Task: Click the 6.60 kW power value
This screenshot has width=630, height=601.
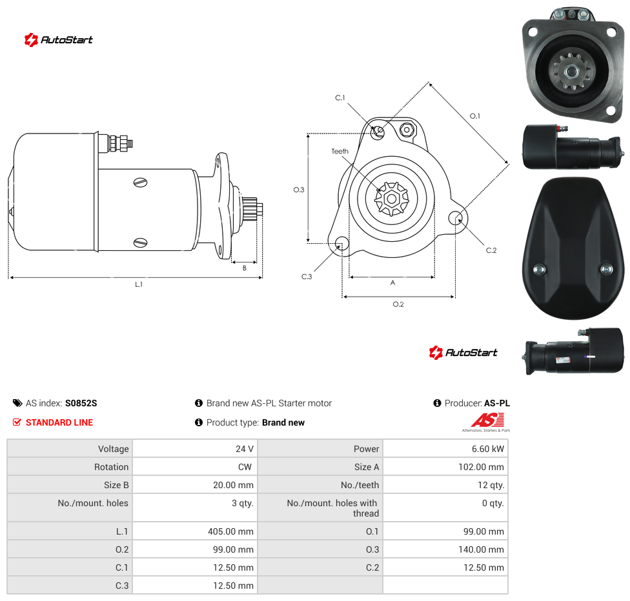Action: [487, 449]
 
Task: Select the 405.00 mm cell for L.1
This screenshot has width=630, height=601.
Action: [230, 531]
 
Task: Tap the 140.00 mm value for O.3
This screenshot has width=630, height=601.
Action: [481, 549]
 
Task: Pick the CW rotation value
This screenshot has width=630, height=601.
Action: [245, 467]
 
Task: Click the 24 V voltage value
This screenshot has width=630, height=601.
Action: [244, 449]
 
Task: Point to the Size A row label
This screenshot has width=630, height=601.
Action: [367, 467]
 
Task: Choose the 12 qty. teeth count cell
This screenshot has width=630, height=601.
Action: [491, 485]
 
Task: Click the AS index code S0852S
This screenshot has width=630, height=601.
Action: [81, 403]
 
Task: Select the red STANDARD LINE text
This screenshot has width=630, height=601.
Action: [59, 422]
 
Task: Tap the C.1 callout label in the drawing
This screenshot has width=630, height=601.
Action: [340, 97]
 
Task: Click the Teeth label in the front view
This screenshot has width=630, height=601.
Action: [340, 152]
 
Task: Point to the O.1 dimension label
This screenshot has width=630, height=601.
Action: [475, 116]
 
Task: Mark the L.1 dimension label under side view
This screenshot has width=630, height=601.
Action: [139, 284]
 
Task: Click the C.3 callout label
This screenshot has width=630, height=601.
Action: [307, 277]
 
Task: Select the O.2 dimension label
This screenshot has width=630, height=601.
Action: [398, 304]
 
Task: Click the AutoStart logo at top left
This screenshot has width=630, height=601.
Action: [59, 40]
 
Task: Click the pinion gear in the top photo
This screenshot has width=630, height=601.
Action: [571, 72]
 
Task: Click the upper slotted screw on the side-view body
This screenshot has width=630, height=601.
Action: [140, 182]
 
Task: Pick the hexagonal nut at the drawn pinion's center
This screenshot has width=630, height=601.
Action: [391, 199]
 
